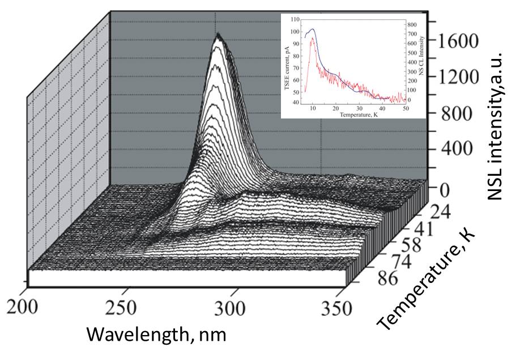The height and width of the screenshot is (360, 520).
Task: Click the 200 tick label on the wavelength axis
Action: [23, 308]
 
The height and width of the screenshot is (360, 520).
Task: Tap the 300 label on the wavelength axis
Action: [232, 308]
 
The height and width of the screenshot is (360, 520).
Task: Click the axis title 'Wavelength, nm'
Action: [156, 334]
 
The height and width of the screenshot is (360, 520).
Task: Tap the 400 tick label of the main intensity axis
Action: [450, 149]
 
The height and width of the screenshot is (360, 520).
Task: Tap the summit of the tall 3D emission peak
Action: [218, 35]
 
